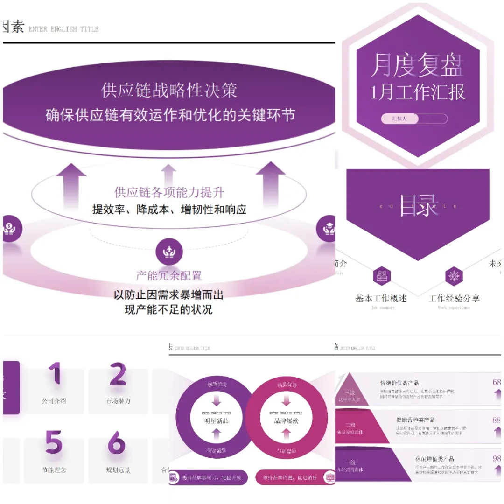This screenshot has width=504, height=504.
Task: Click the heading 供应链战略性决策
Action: point(169,90)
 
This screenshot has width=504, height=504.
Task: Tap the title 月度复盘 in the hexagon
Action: point(417,65)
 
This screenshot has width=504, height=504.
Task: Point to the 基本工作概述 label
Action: point(381,298)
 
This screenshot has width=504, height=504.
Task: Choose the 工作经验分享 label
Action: point(454,298)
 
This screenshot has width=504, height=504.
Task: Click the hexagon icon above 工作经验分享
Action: point(454,276)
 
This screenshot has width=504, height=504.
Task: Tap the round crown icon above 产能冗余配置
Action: point(168,252)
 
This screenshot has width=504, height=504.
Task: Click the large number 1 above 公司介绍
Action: point(55,374)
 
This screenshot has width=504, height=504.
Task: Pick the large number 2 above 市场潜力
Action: point(118,374)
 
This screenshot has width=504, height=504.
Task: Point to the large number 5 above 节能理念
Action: point(54,442)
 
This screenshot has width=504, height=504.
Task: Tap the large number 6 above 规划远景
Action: point(117,442)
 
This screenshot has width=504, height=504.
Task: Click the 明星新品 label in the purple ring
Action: point(216,420)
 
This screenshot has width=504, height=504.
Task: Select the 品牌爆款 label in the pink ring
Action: point(286,420)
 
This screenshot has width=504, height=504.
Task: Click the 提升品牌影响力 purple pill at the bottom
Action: point(209,477)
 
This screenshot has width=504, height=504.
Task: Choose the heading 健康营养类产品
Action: point(415,420)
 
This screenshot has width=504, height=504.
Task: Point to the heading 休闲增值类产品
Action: point(434,459)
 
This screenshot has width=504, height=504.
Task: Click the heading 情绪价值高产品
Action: point(399,383)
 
